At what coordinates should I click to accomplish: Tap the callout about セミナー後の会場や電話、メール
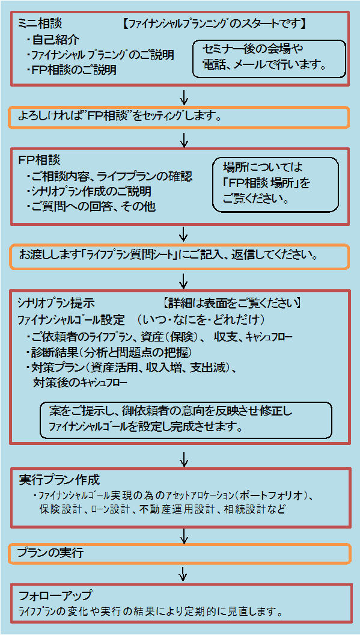(x=270, y=58)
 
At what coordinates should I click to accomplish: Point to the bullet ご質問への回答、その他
(x=91, y=207)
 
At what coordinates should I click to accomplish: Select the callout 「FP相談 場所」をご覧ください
(x=275, y=185)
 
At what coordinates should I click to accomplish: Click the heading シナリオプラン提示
(x=56, y=302)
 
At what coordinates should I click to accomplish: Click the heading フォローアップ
(x=56, y=596)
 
